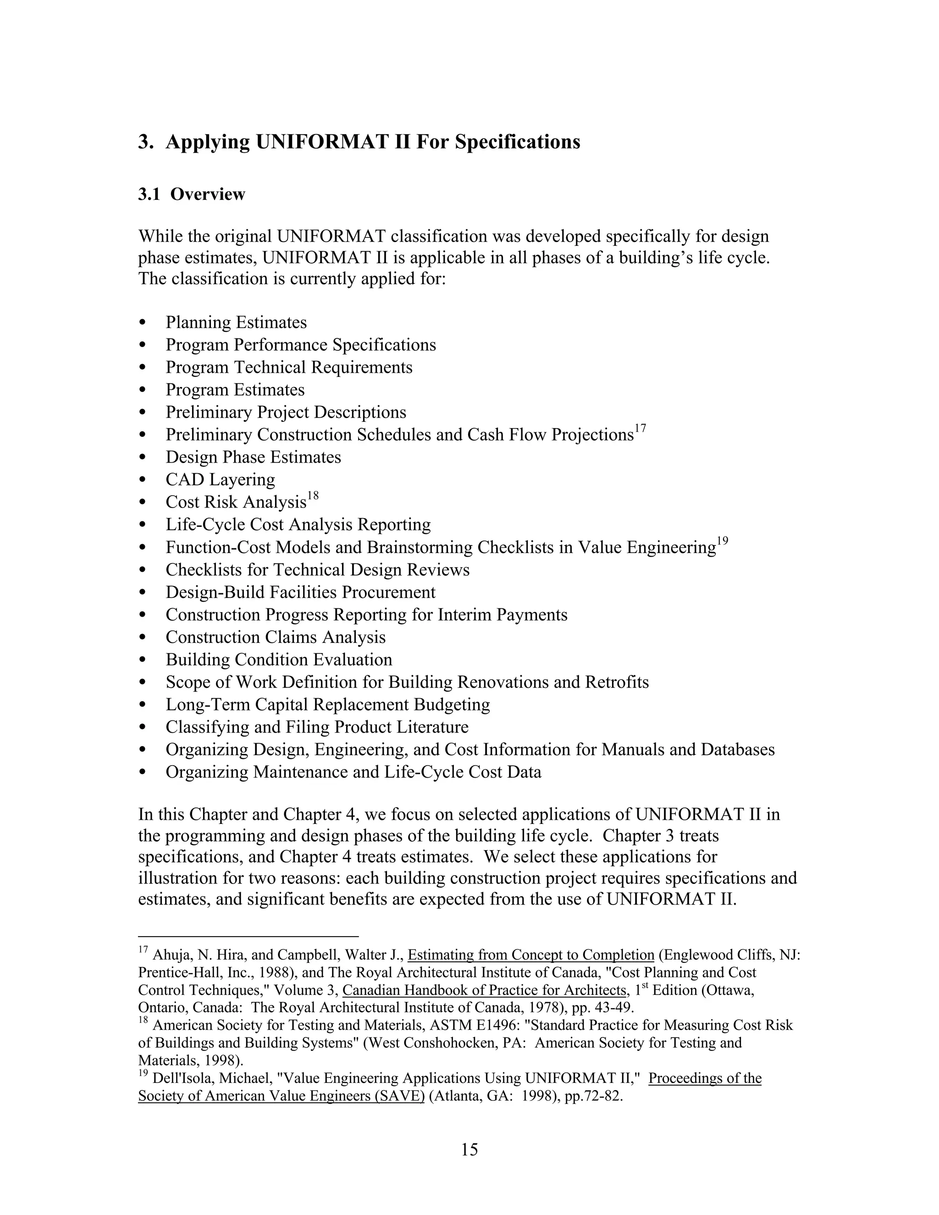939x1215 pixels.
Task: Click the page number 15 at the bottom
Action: click(x=469, y=1149)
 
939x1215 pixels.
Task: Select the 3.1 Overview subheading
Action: click(x=191, y=194)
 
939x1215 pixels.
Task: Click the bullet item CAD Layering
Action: click(x=220, y=480)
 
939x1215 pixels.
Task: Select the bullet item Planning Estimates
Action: click(x=236, y=323)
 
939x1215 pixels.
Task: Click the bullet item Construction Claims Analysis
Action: click(x=276, y=637)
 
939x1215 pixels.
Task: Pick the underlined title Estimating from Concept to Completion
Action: click(x=530, y=955)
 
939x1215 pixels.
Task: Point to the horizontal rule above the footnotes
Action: click(x=248, y=936)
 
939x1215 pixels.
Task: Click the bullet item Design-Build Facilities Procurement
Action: click(x=300, y=592)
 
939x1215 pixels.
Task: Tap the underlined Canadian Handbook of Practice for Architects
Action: click(x=485, y=990)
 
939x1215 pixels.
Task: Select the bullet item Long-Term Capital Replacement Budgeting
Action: click(x=328, y=704)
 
